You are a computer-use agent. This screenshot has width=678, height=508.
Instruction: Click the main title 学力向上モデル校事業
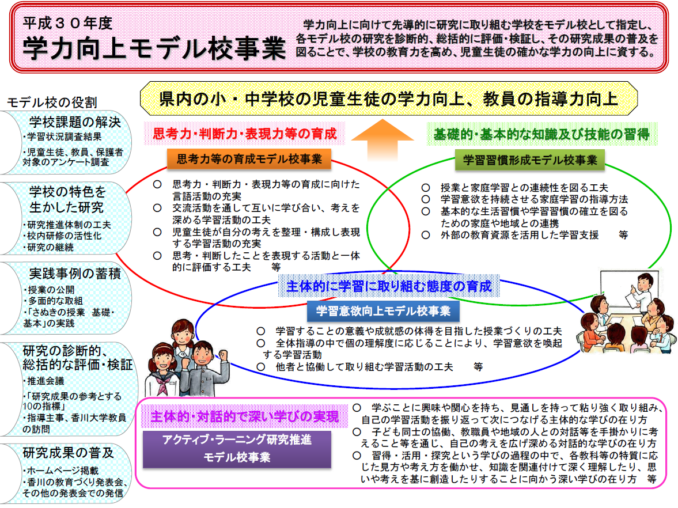(x=154, y=47)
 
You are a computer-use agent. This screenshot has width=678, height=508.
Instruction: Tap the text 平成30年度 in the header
(x=67, y=23)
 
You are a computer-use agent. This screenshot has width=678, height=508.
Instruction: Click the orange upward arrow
(x=382, y=139)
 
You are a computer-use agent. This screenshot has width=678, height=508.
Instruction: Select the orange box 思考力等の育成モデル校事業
(x=249, y=159)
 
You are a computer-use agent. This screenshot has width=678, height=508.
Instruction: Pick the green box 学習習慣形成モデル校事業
(x=530, y=160)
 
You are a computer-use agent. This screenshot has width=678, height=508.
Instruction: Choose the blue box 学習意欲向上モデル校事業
(x=383, y=311)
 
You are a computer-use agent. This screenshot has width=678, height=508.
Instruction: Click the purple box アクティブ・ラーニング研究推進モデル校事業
(x=237, y=449)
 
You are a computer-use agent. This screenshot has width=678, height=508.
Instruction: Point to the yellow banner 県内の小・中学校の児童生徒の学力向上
(x=388, y=99)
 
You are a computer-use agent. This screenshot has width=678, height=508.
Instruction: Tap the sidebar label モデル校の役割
(x=52, y=103)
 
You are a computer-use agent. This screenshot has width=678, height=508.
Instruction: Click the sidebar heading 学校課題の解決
(x=75, y=122)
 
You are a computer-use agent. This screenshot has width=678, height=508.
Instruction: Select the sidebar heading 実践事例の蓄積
(x=75, y=273)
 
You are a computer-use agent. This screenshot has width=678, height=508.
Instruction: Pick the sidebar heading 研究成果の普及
(x=69, y=453)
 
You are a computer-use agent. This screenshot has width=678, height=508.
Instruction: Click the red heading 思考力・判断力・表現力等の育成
(x=245, y=134)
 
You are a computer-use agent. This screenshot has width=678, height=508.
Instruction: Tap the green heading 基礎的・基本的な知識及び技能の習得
(x=541, y=134)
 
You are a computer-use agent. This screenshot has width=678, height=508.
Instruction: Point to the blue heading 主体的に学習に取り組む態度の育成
(x=389, y=286)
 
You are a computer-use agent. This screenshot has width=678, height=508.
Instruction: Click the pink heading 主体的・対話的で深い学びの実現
(x=245, y=416)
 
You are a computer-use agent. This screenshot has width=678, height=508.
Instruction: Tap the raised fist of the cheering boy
(x=224, y=355)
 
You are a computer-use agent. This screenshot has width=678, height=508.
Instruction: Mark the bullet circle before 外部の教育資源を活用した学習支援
(x=426, y=235)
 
